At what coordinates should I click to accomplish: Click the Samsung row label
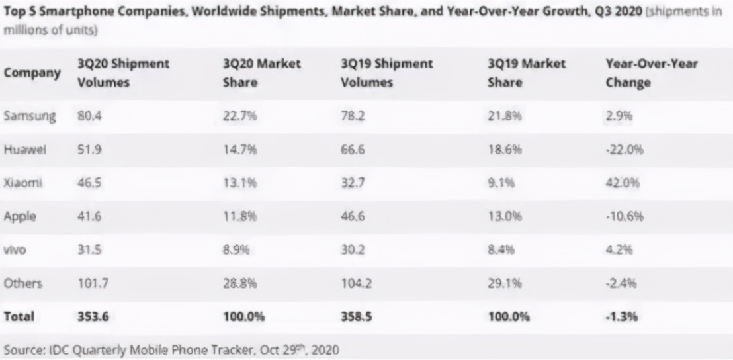(30, 117)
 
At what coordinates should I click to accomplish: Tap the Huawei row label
(26, 150)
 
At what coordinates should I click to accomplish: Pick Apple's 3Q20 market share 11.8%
(237, 216)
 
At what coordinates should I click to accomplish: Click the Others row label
(23, 283)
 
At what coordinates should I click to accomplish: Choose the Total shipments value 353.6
(93, 317)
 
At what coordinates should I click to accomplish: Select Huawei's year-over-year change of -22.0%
(624, 150)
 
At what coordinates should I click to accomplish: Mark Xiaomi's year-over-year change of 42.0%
(623, 183)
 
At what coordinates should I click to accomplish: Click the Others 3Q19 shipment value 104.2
(357, 283)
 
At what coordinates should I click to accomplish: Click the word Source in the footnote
(24, 347)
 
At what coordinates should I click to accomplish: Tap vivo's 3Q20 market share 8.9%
(234, 250)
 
